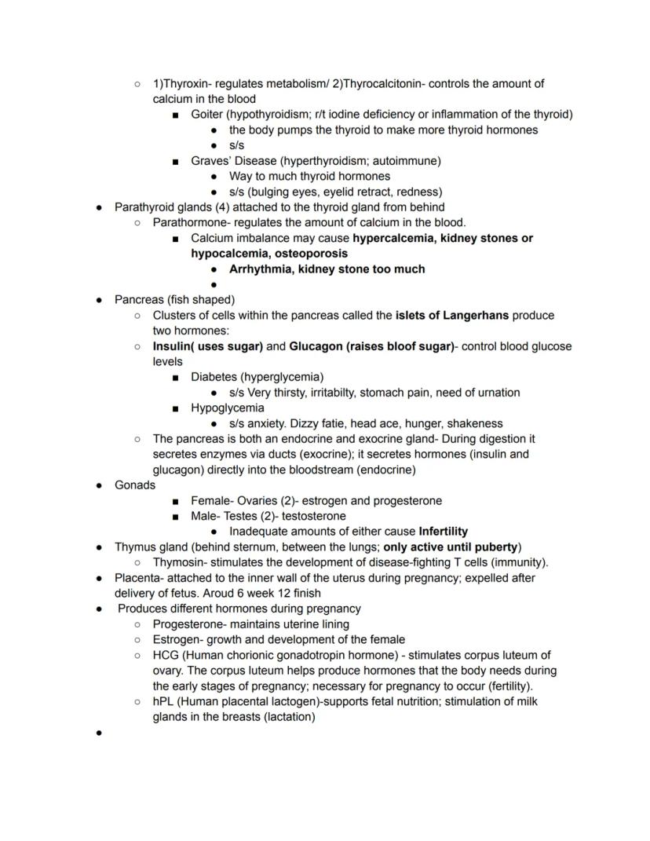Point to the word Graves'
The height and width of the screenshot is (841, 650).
pyautogui.click(x=210, y=161)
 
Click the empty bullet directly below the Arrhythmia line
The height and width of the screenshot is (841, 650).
pyautogui.click(x=214, y=285)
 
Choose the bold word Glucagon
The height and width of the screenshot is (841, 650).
pyautogui.click(x=316, y=346)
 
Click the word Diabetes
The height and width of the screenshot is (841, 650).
pyautogui.click(x=214, y=377)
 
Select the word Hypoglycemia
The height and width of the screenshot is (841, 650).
pyautogui.click(x=228, y=408)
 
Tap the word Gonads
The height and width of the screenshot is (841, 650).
pyautogui.click(x=135, y=485)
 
